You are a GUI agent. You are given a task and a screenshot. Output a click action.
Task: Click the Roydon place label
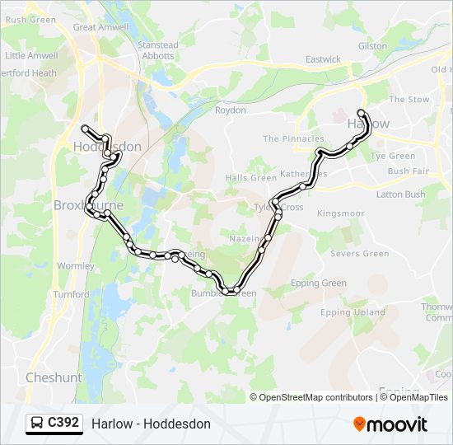tap(231, 110)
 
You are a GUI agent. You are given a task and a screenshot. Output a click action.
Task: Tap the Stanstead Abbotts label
tap(157, 51)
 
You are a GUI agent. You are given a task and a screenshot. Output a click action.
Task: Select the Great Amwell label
tap(100, 27)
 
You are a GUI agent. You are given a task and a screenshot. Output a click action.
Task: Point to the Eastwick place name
tap(323, 59)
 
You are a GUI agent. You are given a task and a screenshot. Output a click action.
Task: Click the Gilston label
tap(372, 46)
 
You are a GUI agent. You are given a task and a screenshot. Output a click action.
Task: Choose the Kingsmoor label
tap(341, 213)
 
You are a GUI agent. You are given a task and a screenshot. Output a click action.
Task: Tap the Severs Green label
tap(359, 254)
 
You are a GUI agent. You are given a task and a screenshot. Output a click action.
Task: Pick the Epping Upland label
tap(353, 312)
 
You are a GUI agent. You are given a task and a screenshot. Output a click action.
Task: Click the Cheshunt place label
tap(54, 377)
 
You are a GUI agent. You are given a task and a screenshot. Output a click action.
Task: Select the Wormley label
tap(76, 266)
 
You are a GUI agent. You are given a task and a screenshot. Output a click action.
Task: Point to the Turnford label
tap(71, 294)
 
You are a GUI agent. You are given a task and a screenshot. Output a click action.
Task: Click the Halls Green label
tap(251, 178)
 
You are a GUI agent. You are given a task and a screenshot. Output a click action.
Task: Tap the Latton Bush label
tap(400, 194)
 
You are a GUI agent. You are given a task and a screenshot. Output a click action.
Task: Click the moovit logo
tap(390, 424)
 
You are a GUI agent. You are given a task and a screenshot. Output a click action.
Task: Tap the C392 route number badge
tap(55, 424)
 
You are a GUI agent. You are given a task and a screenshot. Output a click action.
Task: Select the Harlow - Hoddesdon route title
tap(152, 424)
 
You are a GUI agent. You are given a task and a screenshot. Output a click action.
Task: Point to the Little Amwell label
tap(31, 56)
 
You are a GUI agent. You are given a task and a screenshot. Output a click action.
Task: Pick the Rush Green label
tap(30, 20)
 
